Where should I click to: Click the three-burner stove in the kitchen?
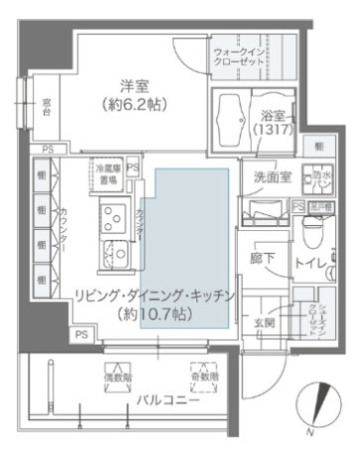(x=110, y=215)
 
